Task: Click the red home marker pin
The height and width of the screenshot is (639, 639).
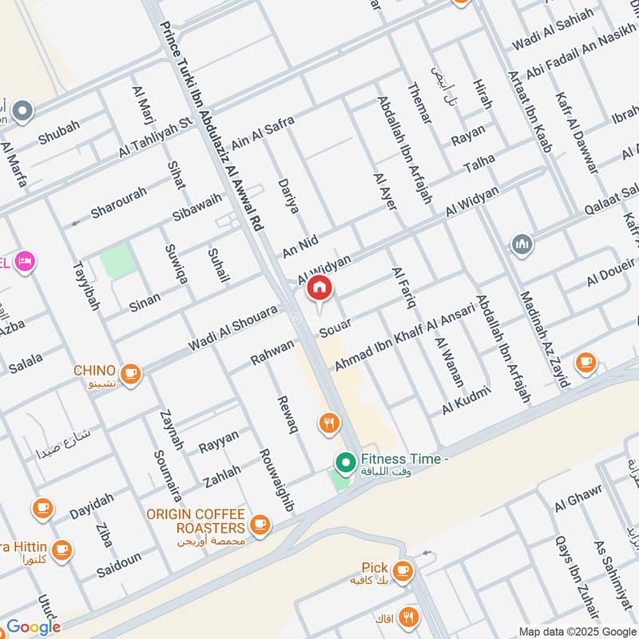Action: [x=319, y=288]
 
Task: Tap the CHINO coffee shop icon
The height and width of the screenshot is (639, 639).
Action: [x=131, y=373]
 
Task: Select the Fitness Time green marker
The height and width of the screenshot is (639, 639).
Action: [x=345, y=462]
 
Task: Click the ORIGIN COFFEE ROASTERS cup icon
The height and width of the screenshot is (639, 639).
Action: [x=259, y=524]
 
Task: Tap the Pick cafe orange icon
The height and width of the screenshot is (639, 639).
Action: [x=403, y=570]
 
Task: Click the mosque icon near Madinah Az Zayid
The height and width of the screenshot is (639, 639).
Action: [x=522, y=244]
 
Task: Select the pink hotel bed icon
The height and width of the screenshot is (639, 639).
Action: [x=26, y=261]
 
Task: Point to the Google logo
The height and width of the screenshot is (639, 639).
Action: [x=34, y=627]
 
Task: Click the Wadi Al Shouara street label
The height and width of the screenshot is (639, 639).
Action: [x=232, y=329]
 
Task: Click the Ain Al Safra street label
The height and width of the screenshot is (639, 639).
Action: [x=263, y=133]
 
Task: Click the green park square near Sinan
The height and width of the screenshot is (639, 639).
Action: [x=118, y=262]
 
